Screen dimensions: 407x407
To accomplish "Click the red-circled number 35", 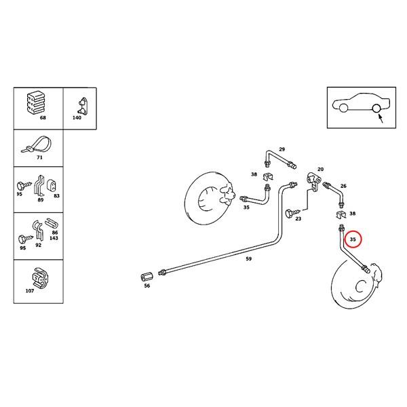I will [352, 239].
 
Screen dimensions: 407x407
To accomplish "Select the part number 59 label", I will [248, 258].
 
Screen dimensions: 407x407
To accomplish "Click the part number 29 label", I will [282, 149].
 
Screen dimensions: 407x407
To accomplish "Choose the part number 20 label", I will [320, 169].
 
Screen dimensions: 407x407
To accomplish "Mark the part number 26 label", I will [343, 186].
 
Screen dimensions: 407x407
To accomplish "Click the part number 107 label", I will [28, 292].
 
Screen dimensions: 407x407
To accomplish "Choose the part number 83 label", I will [56, 195].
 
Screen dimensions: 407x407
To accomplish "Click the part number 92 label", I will [38, 245].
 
